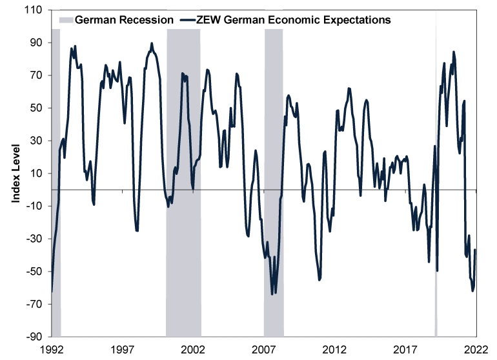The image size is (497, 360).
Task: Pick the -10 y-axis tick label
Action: (35, 206)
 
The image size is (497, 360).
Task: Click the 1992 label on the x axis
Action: (52, 349)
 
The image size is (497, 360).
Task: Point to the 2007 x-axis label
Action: (264, 349)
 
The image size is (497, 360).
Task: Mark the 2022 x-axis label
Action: (476, 349)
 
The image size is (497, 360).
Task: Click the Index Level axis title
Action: (15, 174)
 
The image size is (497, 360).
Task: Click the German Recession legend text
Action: (124, 19)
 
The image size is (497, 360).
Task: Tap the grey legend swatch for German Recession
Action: (65, 19)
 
